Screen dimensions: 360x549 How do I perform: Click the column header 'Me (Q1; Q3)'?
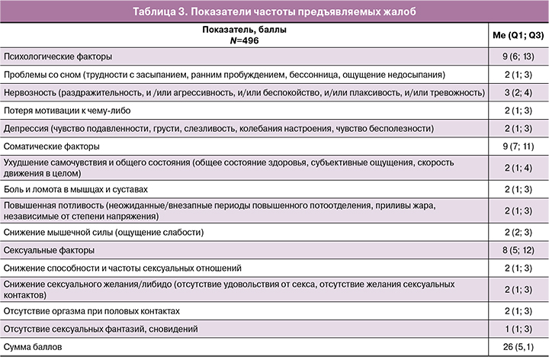(516, 36)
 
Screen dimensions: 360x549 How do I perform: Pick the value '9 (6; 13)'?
(516, 56)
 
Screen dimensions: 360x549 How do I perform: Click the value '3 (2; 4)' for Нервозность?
(516, 92)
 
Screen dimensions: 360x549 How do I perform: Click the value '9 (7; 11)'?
(516, 145)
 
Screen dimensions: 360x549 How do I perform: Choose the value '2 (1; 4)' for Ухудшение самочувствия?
(516, 168)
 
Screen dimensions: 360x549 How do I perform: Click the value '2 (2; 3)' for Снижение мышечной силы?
(516, 232)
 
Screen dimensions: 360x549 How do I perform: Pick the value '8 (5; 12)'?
(516, 250)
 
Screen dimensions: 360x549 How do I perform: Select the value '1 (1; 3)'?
(516, 329)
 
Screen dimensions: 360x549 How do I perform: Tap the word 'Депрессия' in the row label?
(25, 127)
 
